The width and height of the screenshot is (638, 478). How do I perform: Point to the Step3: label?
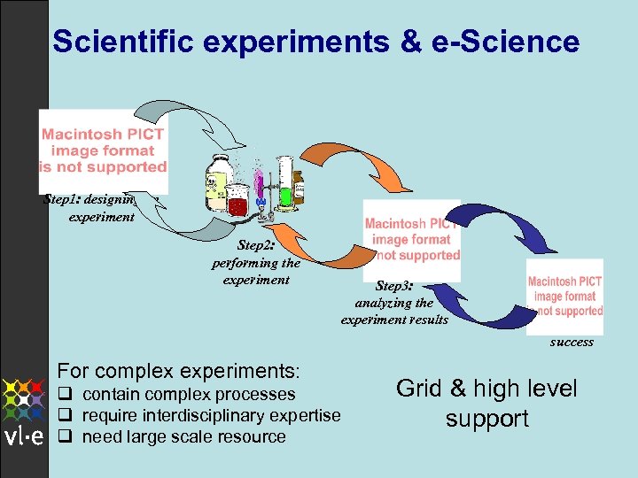point(394,286)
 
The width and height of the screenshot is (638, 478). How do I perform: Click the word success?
point(572,342)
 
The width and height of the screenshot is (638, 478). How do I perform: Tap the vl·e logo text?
point(24,437)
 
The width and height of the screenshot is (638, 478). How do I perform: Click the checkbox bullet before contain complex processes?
point(64,395)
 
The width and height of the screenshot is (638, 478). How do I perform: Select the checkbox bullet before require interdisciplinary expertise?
point(64,416)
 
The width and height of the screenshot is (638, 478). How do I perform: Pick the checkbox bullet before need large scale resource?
point(64,436)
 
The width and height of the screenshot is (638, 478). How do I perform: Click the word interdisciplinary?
point(222,416)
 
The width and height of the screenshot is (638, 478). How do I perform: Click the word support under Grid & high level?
point(487,419)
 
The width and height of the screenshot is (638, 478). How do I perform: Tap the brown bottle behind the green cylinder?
point(297,181)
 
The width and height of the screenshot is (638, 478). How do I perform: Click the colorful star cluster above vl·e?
point(24,399)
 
